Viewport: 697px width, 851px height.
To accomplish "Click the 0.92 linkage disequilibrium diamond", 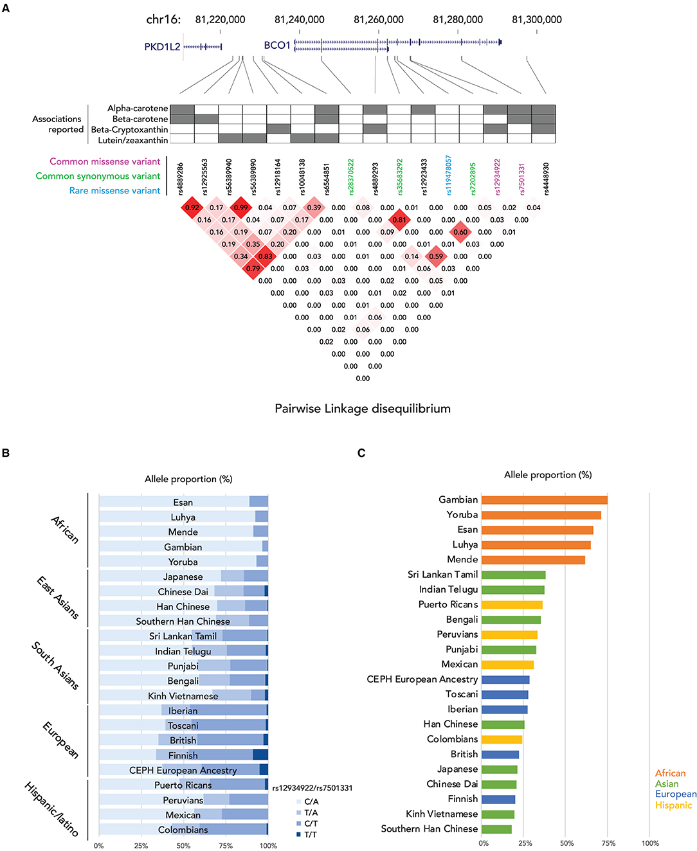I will [x=192, y=208].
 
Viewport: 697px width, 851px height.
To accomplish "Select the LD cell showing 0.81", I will [x=399, y=220].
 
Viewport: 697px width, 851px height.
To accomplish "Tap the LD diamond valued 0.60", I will [x=460, y=232].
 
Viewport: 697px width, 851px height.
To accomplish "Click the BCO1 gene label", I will [x=277, y=46].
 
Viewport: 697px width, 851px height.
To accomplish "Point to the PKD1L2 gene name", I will [x=162, y=47].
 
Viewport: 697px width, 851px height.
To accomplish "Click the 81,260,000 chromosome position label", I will [x=379, y=20].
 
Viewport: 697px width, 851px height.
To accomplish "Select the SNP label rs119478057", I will [x=449, y=175].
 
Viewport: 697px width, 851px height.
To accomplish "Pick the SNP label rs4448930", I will [x=546, y=178].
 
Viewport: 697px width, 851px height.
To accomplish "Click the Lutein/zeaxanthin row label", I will [x=133, y=140].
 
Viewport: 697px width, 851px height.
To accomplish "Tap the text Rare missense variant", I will [x=114, y=191].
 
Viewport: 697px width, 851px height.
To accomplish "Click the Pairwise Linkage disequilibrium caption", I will [x=363, y=409].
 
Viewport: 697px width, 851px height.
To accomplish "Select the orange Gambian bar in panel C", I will [x=544, y=500].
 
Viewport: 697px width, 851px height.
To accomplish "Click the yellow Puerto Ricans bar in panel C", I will [x=512, y=605].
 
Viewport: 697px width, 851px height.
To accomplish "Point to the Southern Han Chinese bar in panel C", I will [x=496, y=829].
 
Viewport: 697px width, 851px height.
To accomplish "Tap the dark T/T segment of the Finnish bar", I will [x=260, y=755].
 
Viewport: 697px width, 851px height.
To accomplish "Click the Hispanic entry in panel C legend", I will [x=673, y=805].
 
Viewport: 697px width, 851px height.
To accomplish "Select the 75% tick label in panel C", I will [x=608, y=843].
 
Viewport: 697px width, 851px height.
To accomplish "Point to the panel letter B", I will [x=6, y=453].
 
